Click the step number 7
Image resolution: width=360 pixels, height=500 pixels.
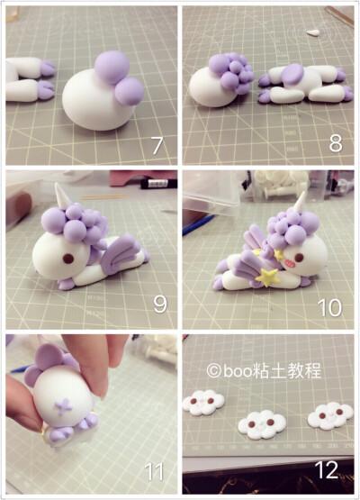coord(157,145)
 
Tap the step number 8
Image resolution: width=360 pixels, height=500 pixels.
coord(336,143)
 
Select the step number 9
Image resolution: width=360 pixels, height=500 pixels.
coord(160,304)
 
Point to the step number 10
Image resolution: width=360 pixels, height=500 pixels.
coord(329,307)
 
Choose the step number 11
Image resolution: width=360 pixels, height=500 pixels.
coord(155,471)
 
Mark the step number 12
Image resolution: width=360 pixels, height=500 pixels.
coord(327,469)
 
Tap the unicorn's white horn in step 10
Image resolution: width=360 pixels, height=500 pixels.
coord(300,203)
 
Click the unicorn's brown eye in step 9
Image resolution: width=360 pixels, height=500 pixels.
coord(67,259)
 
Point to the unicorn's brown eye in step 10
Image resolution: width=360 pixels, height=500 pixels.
coord(299,257)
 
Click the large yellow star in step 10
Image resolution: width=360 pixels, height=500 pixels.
coord(267,277)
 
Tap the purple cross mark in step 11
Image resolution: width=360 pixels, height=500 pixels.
coord(63,406)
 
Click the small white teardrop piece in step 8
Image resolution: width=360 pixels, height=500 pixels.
coord(313,32)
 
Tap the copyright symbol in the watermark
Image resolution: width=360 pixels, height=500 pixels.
coord(213,371)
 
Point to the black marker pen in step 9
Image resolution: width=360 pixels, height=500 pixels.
coord(158,183)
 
